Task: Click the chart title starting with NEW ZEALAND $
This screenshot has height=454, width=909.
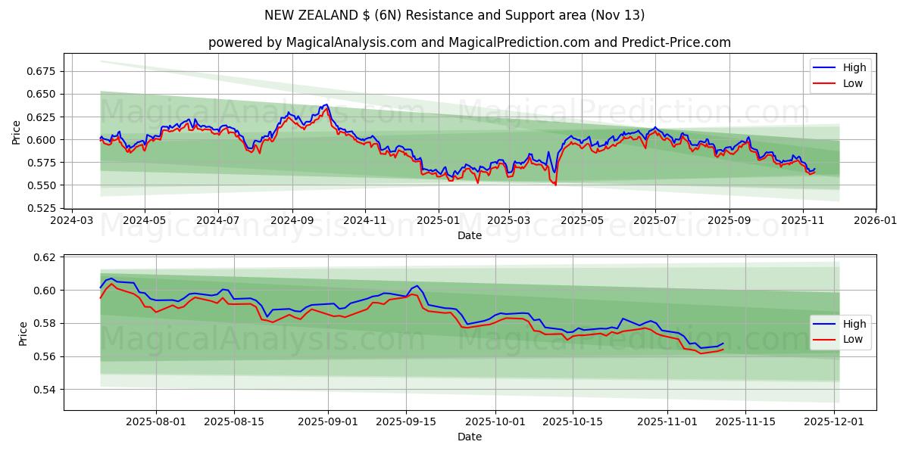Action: [x=454, y=15]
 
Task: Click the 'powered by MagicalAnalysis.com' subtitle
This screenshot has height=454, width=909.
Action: [x=470, y=42]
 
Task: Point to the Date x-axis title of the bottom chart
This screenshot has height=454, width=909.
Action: [x=470, y=437]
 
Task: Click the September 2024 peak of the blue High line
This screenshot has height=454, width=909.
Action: [x=326, y=104]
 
